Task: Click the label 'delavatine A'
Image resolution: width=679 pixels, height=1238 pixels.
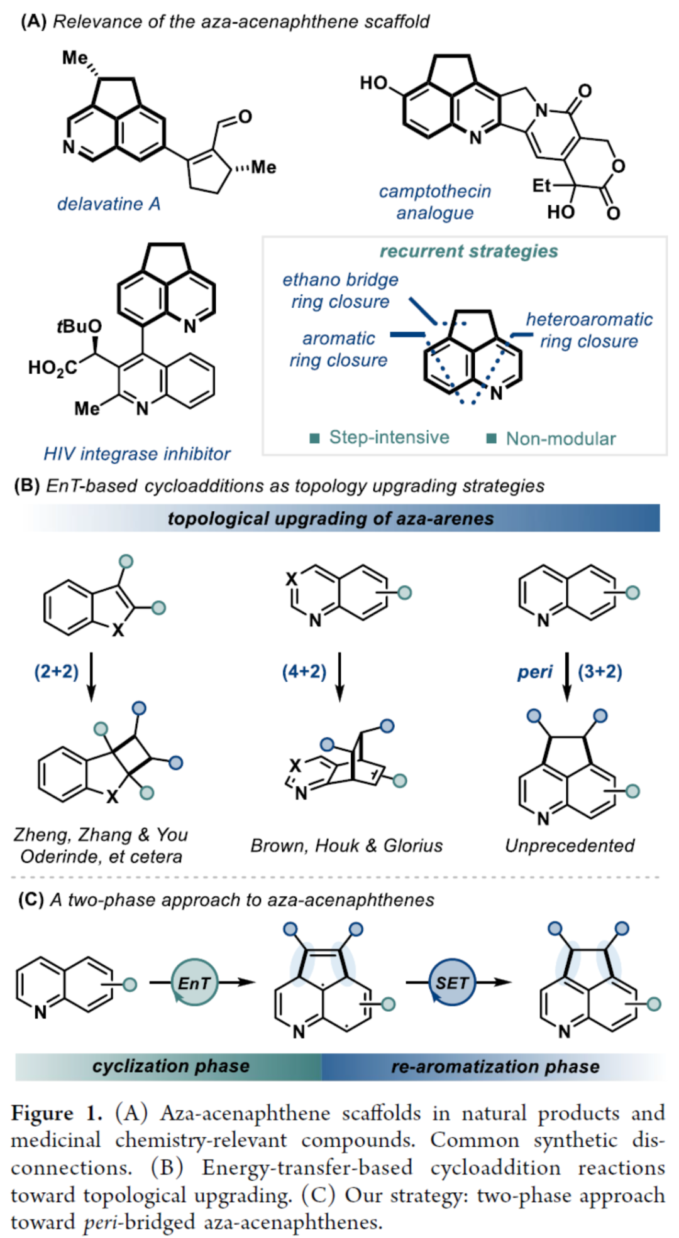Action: click(x=109, y=204)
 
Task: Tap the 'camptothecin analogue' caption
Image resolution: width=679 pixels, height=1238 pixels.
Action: click(x=434, y=202)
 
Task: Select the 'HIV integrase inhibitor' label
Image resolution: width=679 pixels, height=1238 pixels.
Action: click(x=136, y=453)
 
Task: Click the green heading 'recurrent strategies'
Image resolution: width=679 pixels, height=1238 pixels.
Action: click(x=468, y=251)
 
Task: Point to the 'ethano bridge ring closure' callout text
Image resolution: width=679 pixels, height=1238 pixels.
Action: click(x=340, y=290)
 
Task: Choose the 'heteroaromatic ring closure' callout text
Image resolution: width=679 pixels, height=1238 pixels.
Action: click(x=589, y=330)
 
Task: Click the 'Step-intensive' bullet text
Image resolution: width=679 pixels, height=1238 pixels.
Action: click(x=389, y=437)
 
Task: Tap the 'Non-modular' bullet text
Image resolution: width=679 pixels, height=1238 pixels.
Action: click(x=560, y=438)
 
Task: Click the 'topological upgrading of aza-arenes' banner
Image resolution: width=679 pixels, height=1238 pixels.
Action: click(x=331, y=518)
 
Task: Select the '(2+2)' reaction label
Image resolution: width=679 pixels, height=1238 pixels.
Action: click(x=57, y=671)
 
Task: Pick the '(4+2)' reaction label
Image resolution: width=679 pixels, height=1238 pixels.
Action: click(x=304, y=671)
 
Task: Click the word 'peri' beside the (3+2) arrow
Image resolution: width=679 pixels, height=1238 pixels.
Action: click(x=534, y=672)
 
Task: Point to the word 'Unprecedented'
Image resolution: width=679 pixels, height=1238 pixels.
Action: click(x=570, y=845)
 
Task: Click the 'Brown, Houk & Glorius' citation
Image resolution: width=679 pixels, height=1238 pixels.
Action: click(x=346, y=845)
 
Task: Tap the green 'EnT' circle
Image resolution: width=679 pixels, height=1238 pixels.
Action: click(x=194, y=983)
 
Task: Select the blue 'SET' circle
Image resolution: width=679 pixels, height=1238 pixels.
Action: click(x=452, y=983)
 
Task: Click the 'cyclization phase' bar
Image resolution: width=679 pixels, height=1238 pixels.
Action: click(x=170, y=1066)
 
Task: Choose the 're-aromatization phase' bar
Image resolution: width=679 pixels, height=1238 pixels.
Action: click(x=495, y=1067)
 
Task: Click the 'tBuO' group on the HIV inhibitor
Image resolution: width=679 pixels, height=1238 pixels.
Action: click(x=79, y=327)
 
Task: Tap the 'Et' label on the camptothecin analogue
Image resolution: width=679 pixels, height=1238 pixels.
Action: click(x=541, y=185)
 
